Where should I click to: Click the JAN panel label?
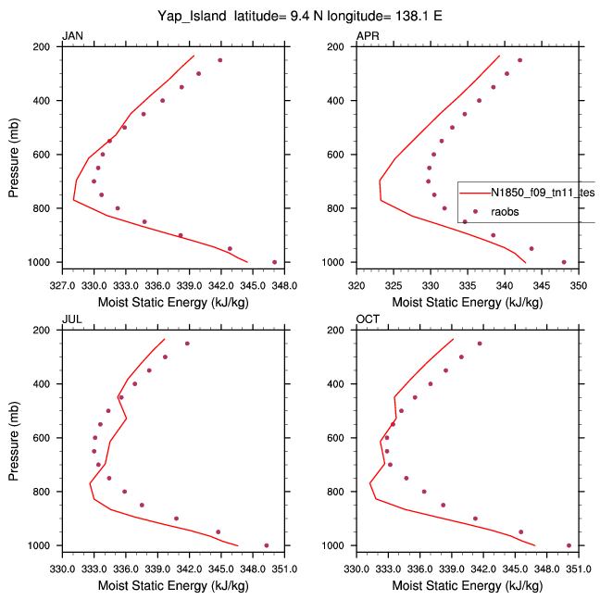(70, 36)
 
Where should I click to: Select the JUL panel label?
(70, 319)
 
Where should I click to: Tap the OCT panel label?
(368, 319)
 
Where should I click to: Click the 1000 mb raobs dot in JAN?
(274, 262)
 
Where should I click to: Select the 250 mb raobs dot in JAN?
(220, 60)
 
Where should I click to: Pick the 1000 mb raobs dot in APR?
(564, 262)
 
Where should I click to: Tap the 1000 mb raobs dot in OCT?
(569, 545)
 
